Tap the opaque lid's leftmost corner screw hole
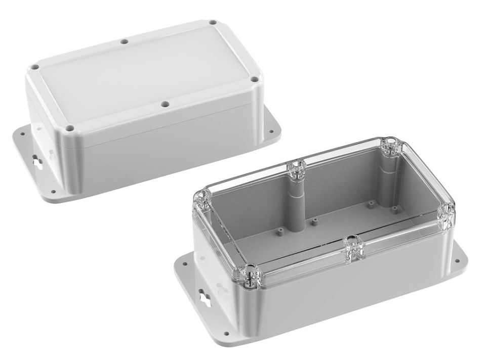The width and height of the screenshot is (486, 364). coord(34,66)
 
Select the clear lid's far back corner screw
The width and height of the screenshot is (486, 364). coord(390,146)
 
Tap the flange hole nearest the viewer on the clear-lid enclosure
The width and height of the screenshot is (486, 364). coord(226,333)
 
